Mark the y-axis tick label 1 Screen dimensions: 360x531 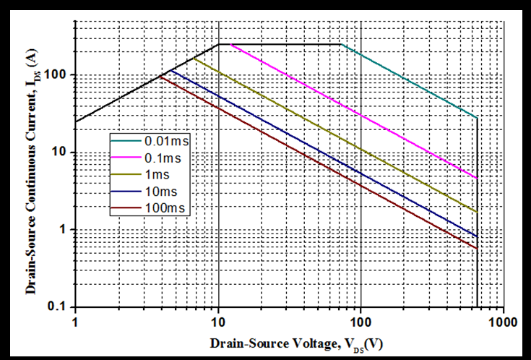[65, 230]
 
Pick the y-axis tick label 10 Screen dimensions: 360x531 [62, 153]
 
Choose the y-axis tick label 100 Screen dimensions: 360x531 [59, 75]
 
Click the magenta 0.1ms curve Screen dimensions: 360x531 [347, 105]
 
